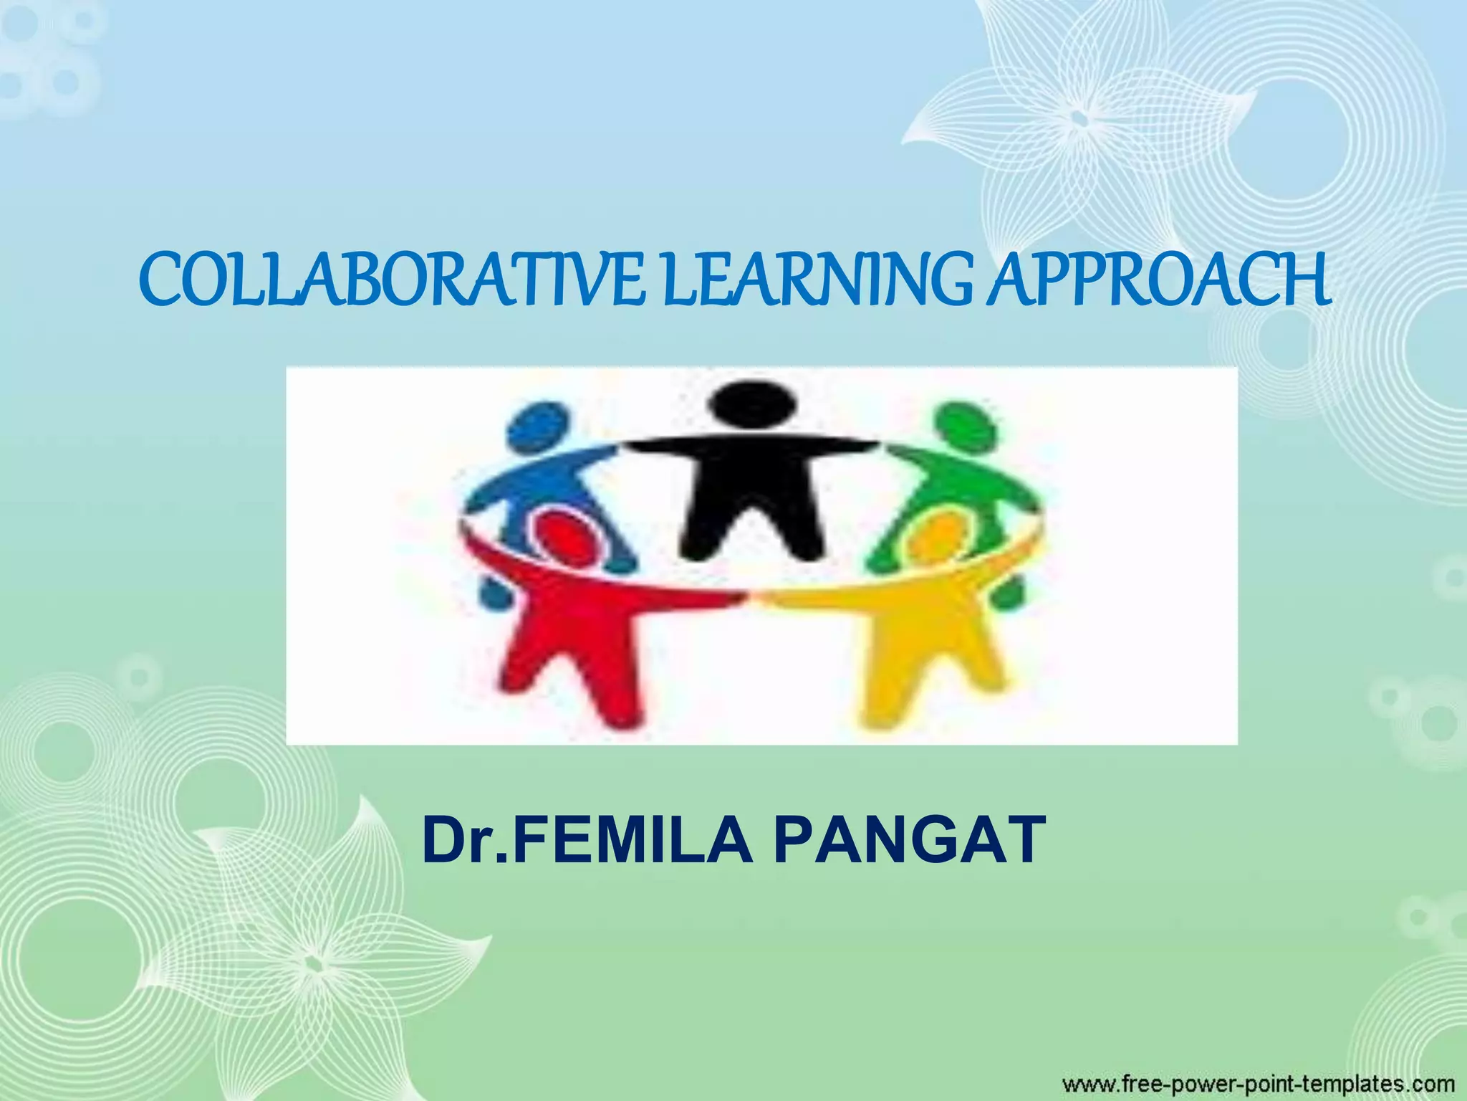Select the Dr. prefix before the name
point(466,839)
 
